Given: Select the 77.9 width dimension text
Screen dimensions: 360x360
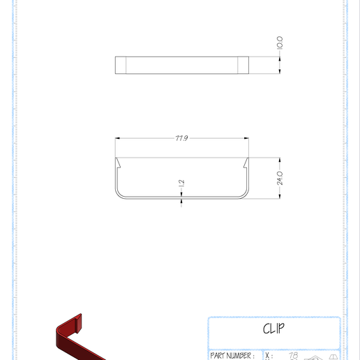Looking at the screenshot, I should [x=181, y=138].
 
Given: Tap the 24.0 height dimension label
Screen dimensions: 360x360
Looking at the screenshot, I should [x=280, y=177].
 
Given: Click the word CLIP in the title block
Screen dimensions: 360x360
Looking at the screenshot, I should [x=274, y=329].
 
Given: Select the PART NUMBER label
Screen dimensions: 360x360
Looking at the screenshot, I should [x=232, y=355].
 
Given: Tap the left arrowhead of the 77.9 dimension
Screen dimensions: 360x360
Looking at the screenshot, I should [x=118, y=138].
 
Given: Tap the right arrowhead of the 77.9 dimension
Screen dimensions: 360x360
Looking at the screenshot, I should [x=246, y=138].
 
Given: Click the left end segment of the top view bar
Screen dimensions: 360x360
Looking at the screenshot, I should [x=121, y=65].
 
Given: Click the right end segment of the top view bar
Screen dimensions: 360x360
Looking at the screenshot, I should [x=243, y=65].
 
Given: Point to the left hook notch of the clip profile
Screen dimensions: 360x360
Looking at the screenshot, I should [x=119, y=165].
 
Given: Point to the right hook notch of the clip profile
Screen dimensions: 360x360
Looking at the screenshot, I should [x=246, y=165].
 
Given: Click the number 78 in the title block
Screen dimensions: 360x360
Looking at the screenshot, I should [x=293, y=355].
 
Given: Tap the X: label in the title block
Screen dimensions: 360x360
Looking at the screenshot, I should [x=269, y=355].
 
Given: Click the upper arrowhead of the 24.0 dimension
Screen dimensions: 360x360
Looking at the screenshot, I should [x=280, y=160].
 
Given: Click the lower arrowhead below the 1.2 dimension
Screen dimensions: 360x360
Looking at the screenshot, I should [x=181, y=203].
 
